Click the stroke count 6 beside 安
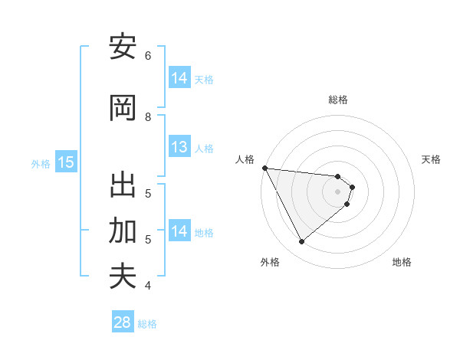click(148, 56)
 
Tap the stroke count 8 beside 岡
click(148, 117)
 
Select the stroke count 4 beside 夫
click(148, 286)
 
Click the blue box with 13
click(179, 148)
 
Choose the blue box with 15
click(66, 162)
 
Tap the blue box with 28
click(123, 322)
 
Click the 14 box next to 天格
click(179, 77)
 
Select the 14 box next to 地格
click(179, 231)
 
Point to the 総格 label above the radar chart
click(338, 100)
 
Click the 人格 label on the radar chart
click(245, 159)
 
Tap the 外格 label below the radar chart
click(269, 262)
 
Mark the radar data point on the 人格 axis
click(264, 168)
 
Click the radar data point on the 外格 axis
click(301, 242)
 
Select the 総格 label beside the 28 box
click(147, 324)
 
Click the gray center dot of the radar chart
click(338, 191)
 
